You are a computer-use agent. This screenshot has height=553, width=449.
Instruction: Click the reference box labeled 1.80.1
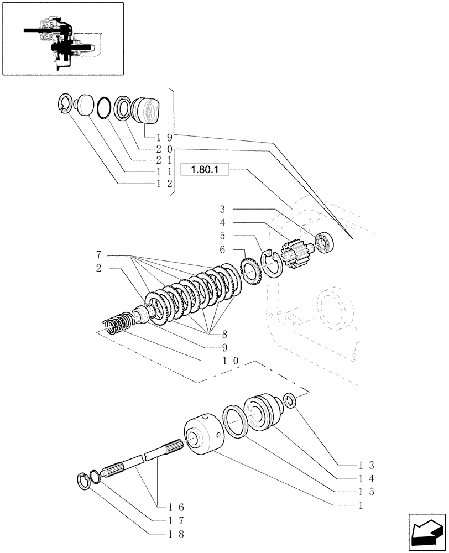[x=205, y=171]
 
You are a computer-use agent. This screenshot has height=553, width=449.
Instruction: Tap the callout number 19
[x=164, y=137]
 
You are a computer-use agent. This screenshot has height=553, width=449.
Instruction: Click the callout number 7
[x=98, y=255]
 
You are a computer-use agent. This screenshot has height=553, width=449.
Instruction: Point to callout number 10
[x=231, y=360]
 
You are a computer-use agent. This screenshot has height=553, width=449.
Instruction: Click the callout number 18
[x=164, y=534]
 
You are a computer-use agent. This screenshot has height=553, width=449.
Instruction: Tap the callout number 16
[x=164, y=507]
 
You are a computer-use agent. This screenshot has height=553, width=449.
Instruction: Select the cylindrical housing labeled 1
[x=203, y=437]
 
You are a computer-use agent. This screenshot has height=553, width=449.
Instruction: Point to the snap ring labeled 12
[x=65, y=105]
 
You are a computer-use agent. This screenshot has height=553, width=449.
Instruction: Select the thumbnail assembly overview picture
[x=62, y=38]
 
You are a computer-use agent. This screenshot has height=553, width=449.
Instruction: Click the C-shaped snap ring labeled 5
[x=272, y=261]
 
